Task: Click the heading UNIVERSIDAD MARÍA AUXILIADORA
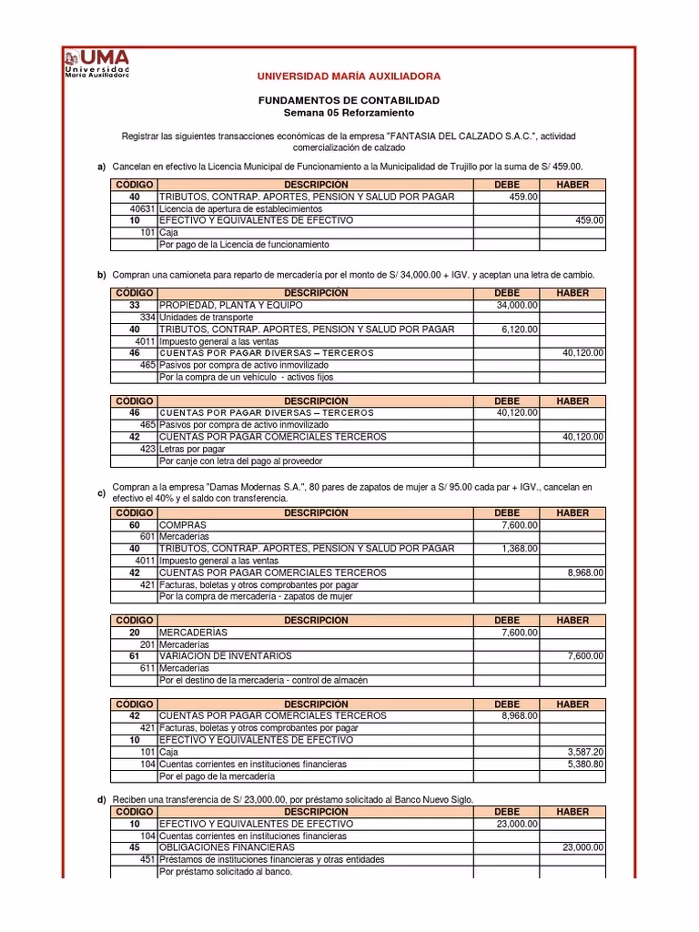click(x=349, y=76)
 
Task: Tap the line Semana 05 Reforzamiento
click(x=349, y=112)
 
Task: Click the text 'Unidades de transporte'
click(x=204, y=317)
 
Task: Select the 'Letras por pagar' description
click(x=192, y=449)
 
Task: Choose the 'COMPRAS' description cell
click(x=183, y=525)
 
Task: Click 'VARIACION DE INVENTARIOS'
click(x=226, y=655)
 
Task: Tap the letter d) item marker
click(x=102, y=799)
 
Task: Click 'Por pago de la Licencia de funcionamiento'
click(x=244, y=244)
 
